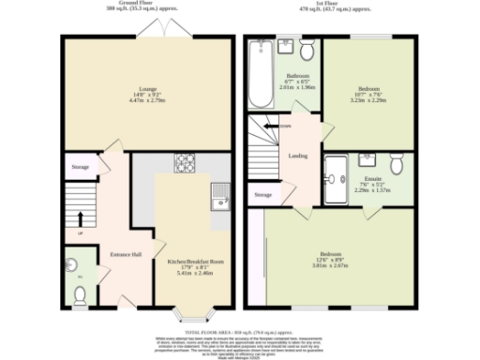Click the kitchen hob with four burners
click(x=183, y=163)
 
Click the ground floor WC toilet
click(x=80, y=294)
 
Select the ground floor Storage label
click(x=81, y=167)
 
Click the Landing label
click(x=298, y=156)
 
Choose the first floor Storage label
click(x=263, y=195)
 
